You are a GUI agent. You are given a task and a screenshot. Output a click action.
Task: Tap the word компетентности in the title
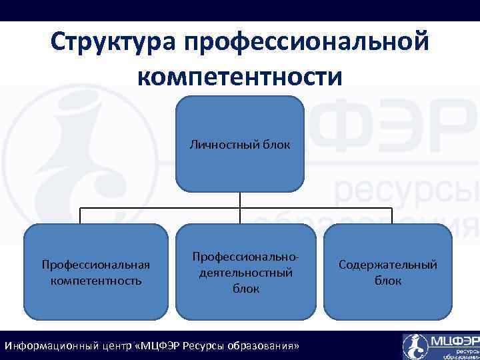[240, 75]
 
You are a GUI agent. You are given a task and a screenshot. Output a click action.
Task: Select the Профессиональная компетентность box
[96, 273]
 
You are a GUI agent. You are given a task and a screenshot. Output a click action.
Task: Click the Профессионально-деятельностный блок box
[246, 273]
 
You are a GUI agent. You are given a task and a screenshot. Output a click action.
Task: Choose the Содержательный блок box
[388, 273]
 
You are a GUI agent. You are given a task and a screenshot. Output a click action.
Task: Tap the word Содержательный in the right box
[388, 265]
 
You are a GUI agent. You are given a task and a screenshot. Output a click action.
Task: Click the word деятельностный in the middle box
[246, 273]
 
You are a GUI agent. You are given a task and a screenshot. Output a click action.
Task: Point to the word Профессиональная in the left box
[96, 265]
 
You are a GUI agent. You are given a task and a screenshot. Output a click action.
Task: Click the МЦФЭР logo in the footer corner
[440, 345]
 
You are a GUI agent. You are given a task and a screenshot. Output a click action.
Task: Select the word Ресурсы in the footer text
[209, 347]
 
